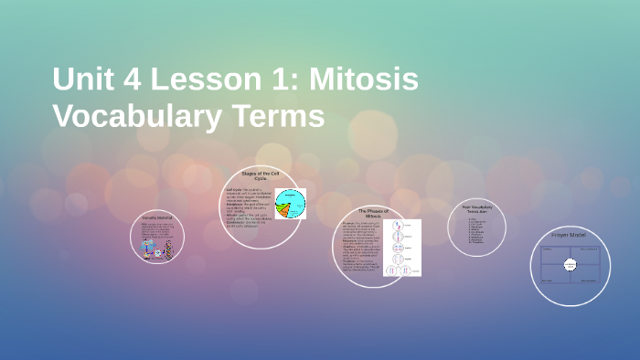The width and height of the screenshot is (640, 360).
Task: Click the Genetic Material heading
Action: [x=157, y=219]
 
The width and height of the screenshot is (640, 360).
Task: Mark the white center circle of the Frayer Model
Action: [x=570, y=264]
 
